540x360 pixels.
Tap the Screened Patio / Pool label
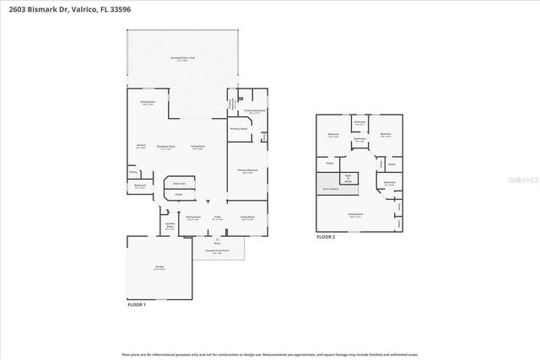pyautogui.click(x=181, y=58)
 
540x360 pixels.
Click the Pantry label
pyautogui.click(x=132, y=172)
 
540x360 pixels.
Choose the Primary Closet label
pyautogui.click(x=239, y=129)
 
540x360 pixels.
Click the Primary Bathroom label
pyautogui.click(x=255, y=110)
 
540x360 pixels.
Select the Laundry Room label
pyautogui.click(x=170, y=226)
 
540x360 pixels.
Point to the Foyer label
pyautogui.click(x=217, y=217)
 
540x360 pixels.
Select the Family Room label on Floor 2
pyautogui.click(x=355, y=214)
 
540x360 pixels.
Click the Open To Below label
pyautogui.click(x=347, y=178)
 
